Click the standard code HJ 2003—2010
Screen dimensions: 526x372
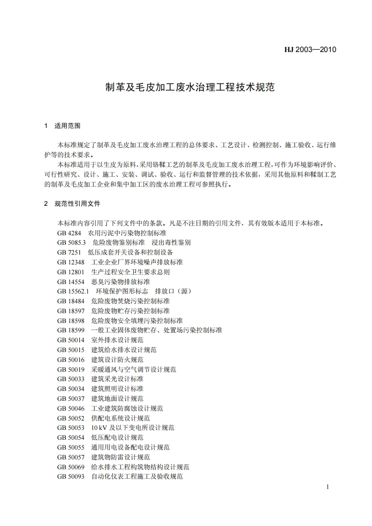click(311, 49)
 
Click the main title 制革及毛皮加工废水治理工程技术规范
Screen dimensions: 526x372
click(190, 87)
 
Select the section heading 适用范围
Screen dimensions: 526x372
click(68, 126)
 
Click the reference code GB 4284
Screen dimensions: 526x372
click(69, 233)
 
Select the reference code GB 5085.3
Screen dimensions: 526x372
click(72, 242)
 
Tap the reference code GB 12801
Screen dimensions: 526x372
click(71, 272)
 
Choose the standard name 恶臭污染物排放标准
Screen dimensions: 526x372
click(121, 282)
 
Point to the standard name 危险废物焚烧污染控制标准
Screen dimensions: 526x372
click(130, 301)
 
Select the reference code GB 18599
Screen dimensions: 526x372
click(71, 330)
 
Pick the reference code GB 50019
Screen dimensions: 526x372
click(71, 369)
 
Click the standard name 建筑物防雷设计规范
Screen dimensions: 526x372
click(121, 457)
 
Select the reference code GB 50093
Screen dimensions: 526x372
click(71, 477)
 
